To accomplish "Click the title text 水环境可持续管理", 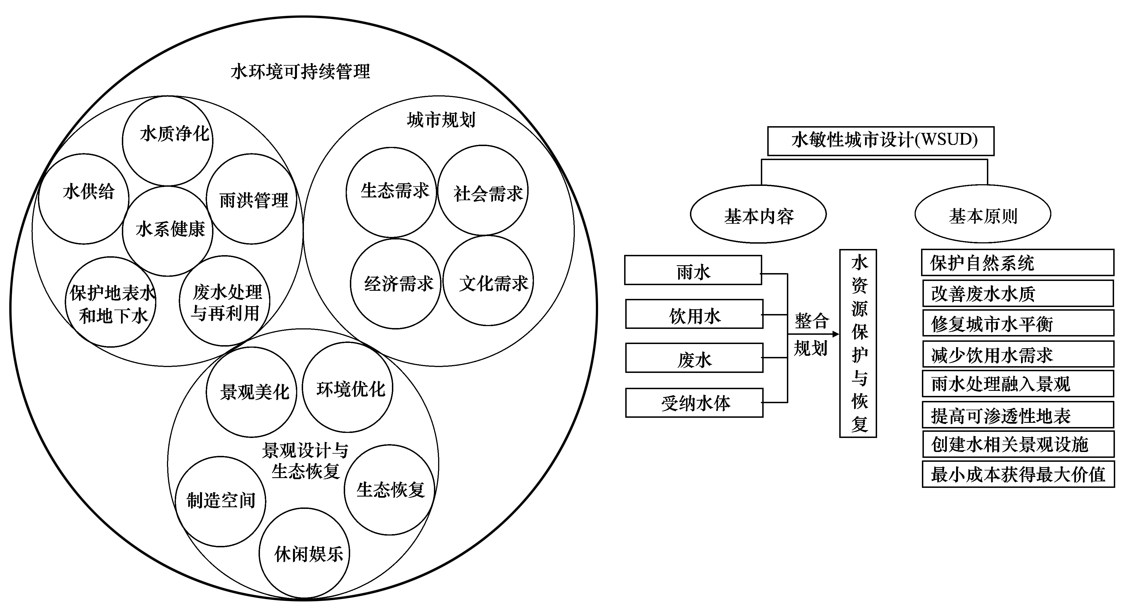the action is pos(301,71).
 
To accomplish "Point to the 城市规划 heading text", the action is pos(441,119).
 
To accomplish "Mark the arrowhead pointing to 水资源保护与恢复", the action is pos(835,334).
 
